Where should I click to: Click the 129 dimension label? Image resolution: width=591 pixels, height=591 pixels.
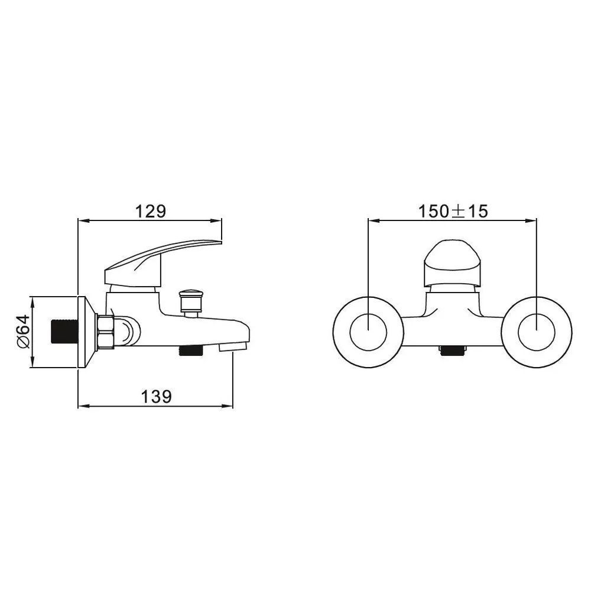click(x=150, y=211)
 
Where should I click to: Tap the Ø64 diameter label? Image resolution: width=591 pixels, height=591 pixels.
click(x=23, y=332)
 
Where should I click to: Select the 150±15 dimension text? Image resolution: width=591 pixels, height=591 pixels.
click(x=453, y=211)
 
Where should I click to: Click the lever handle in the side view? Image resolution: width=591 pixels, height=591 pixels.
click(x=162, y=261)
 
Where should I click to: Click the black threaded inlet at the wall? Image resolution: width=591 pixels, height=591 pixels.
click(x=64, y=332)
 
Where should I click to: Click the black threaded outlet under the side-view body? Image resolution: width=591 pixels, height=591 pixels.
click(x=190, y=351)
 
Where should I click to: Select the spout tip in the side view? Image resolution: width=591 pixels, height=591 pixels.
click(x=233, y=346)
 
